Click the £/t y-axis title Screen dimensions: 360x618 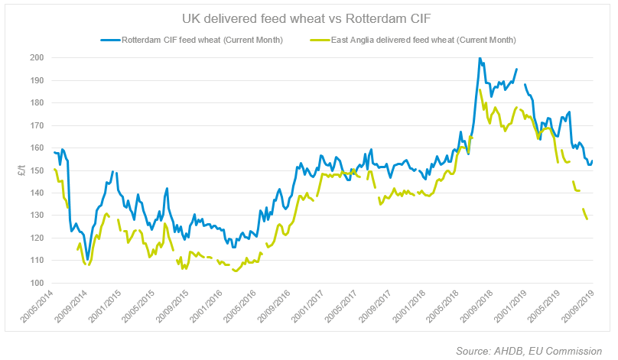pyautogui.click(x=20, y=170)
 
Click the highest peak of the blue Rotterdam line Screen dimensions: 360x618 pyautogui.click(x=480, y=58)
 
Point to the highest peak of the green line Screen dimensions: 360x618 pyautogui.click(x=480, y=90)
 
